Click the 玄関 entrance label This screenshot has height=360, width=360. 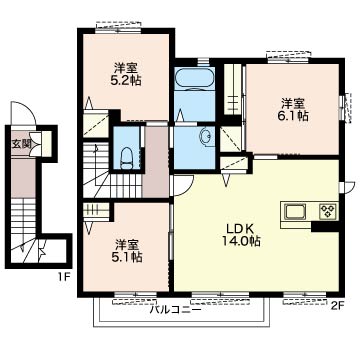click(x=21, y=143)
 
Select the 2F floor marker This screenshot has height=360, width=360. click(x=337, y=305)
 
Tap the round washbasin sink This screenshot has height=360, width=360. click(x=204, y=139)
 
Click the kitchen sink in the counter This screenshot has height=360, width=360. click(x=297, y=212)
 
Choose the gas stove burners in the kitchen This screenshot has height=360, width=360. click(x=326, y=212)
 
